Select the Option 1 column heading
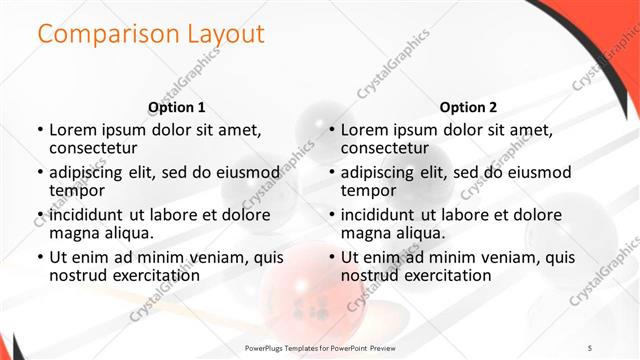[x=177, y=107]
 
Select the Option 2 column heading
[x=468, y=107]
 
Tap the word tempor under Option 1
[x=76, y=190]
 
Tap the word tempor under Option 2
[x=367, y=190]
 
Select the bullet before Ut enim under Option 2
[x=332, y=257]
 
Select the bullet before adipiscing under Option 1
[x=41, y=172]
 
